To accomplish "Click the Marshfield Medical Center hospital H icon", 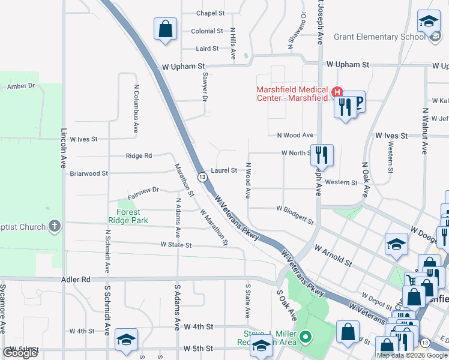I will coord(337,92).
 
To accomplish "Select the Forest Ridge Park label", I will coord(128,216).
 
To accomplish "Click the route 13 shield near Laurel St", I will coord(202,177).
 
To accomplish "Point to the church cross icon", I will coord(55,226).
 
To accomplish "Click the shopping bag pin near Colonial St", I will coord(165,29).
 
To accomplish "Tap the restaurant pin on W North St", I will coord(322,155).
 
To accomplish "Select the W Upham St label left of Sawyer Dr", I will coord(182,67).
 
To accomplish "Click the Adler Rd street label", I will coord(76,280).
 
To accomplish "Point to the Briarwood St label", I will coord(89,173).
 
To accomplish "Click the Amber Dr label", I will coord(21,86).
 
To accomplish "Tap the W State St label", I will coord(175,245).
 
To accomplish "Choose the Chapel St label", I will coord(210,13).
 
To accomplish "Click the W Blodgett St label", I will coord(295,214).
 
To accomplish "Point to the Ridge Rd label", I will coord(139,156).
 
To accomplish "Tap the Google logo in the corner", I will coord(20,353).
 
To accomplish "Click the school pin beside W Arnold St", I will coord(396,244).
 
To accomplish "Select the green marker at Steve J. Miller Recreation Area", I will coord(308,338).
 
